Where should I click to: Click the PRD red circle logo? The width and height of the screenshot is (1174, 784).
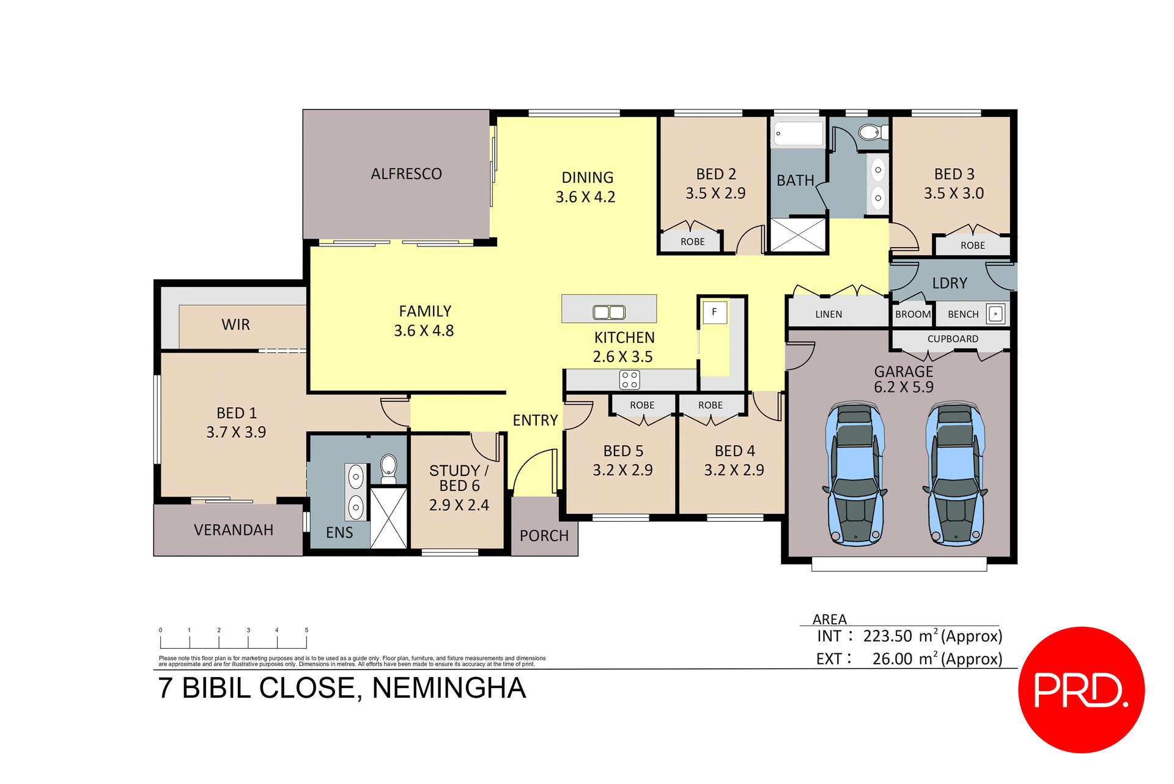tap(1080, 689)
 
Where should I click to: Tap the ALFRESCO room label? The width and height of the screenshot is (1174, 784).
tap(406, 174)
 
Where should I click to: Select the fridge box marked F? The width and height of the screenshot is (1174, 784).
tap(714, 312)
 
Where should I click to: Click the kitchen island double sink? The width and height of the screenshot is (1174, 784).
tap(609, 312)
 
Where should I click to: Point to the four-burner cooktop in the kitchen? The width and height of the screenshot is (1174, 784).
tap(629, 380)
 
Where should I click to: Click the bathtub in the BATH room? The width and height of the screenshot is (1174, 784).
tap(798, 133)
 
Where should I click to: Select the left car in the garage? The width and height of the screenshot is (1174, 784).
tap(854, 474)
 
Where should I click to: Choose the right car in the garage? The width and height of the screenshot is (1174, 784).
tap(954, 474)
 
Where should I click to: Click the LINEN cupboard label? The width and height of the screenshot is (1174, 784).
tap(829, 314)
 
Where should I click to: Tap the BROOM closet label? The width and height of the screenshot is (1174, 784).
tap(912, 314)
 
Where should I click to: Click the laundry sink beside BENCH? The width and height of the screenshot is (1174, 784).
tap(995, 314)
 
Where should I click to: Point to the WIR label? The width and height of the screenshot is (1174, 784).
tap(235, 325)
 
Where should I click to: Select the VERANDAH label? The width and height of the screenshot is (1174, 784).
tap(233, 530)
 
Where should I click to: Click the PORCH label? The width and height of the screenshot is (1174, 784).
tap(544, 536)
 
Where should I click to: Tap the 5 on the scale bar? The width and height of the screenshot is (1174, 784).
tap(306, 630)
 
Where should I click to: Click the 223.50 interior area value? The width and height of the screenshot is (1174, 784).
tap(887, 637)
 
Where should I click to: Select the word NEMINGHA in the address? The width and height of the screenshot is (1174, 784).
tap(449, 688)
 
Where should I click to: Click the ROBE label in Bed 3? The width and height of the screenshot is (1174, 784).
tap(972, 245)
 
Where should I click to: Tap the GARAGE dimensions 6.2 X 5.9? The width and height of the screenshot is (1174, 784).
tap(903, 387)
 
